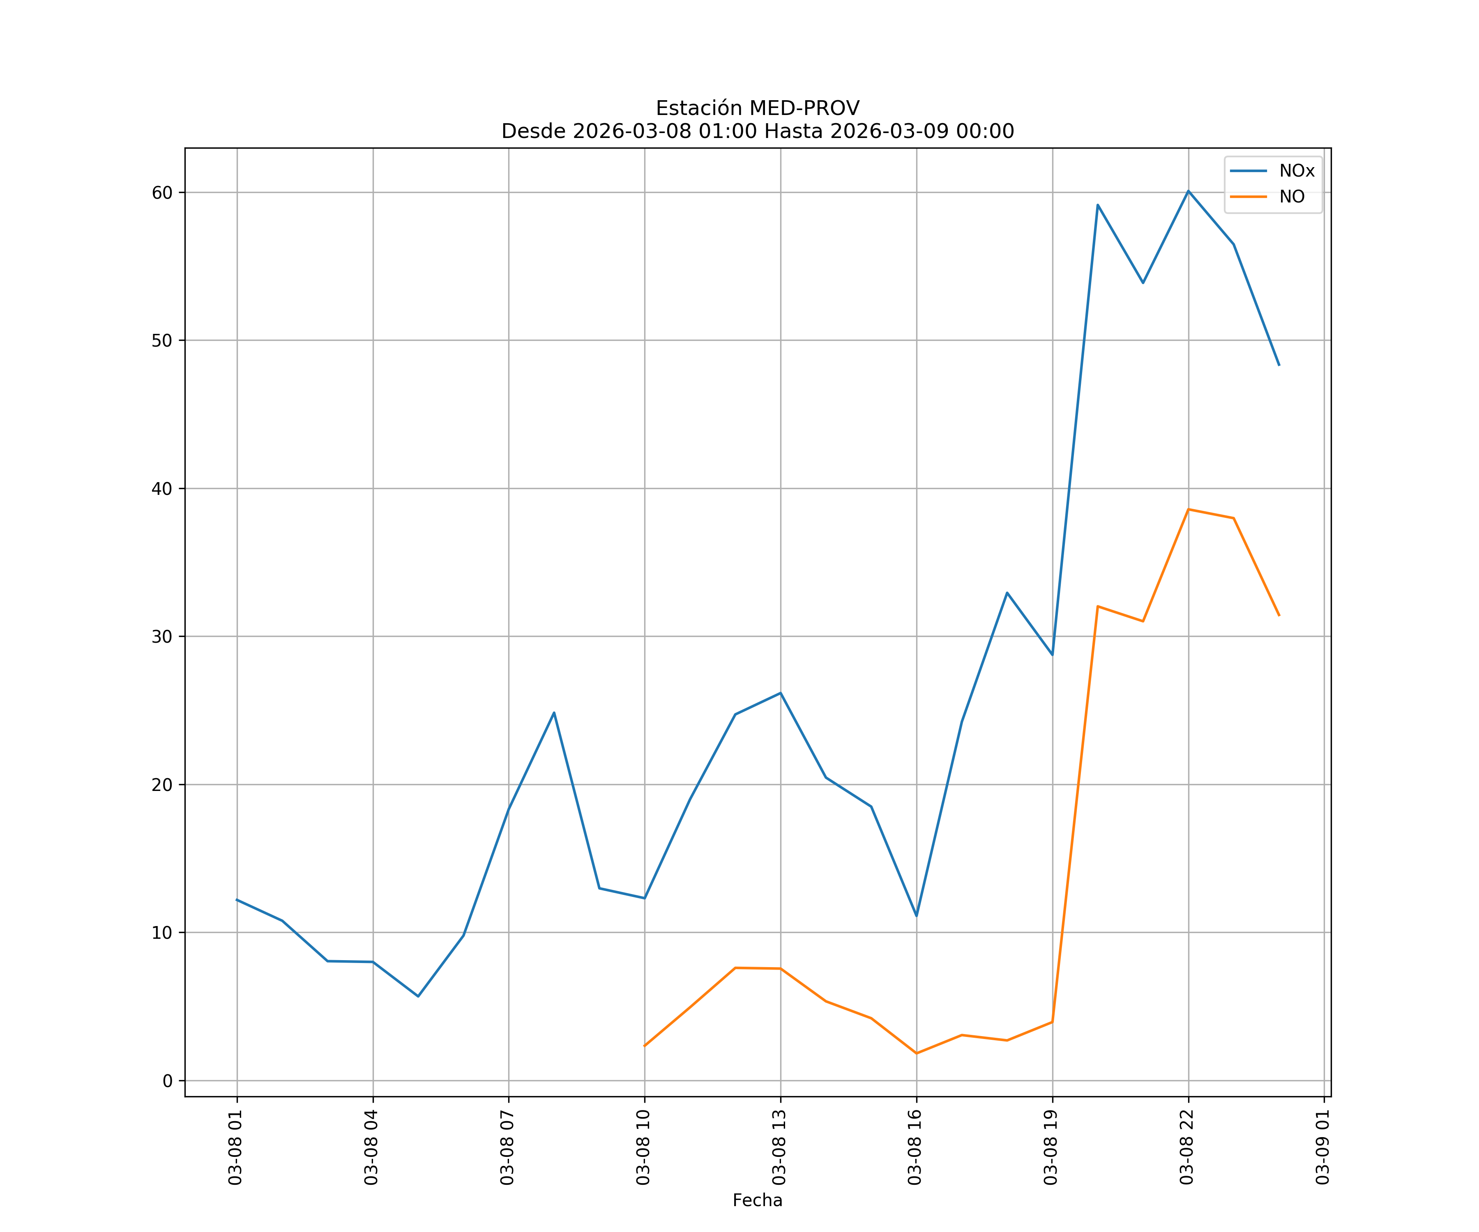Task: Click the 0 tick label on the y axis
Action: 168,1080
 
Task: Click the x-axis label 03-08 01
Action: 235,1147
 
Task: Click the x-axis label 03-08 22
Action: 1187,1147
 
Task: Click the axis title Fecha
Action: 757,1200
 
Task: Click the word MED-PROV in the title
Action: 804,108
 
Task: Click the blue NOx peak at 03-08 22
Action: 1188,191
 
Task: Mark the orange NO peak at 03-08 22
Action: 1188,509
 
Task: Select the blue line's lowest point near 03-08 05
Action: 418,996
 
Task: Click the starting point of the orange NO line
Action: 645,1046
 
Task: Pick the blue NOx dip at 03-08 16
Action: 916,916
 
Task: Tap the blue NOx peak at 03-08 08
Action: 554,713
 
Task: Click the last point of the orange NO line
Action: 1279,616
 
